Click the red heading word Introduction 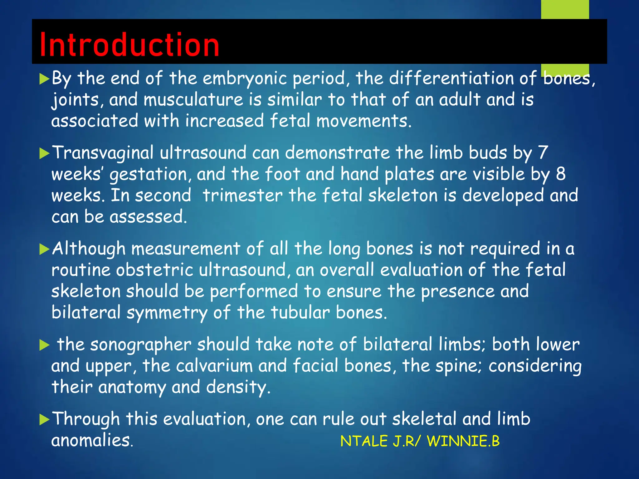129,45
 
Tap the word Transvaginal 103,153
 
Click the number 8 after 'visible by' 561,174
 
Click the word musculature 193,100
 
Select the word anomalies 92,440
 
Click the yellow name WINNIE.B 463,441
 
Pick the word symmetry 167,313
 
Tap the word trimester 242,196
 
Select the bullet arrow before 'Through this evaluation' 45,420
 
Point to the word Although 89,249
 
